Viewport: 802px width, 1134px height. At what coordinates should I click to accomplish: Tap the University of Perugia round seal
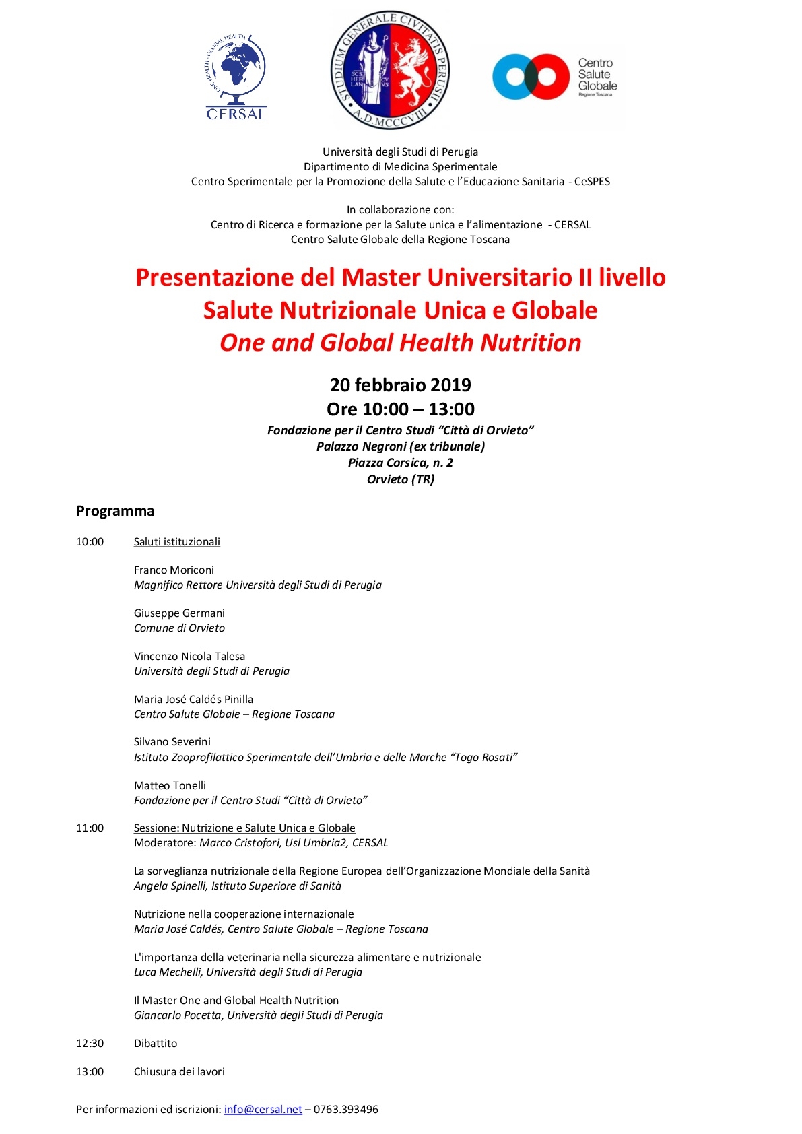391,70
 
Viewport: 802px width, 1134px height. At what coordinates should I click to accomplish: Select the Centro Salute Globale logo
554,77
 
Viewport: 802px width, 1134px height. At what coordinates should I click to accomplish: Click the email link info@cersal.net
263,1109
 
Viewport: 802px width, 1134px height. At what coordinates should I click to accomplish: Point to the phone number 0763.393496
345,1109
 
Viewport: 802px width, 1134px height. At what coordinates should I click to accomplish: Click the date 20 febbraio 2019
400,385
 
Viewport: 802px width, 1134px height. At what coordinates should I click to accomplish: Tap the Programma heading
115,510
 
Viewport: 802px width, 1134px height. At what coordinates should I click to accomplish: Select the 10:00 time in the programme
90,541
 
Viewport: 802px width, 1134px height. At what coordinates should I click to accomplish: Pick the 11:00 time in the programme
90,828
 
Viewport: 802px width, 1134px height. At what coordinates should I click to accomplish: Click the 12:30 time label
90,1043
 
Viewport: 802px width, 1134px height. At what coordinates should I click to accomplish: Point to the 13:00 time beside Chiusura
90,1071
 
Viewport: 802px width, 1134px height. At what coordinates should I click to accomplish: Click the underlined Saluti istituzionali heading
176,541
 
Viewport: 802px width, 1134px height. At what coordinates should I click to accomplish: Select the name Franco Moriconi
174,570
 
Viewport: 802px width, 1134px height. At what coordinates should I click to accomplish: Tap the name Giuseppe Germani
179,613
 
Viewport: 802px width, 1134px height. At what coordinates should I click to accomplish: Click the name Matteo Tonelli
170,785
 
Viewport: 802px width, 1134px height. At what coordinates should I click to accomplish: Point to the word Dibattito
156,1043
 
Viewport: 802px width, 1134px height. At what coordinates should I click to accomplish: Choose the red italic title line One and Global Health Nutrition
400,343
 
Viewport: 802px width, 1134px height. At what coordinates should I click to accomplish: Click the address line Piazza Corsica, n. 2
400,463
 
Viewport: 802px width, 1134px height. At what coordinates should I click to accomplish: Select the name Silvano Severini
172,741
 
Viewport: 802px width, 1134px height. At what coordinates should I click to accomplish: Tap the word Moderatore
164,842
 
